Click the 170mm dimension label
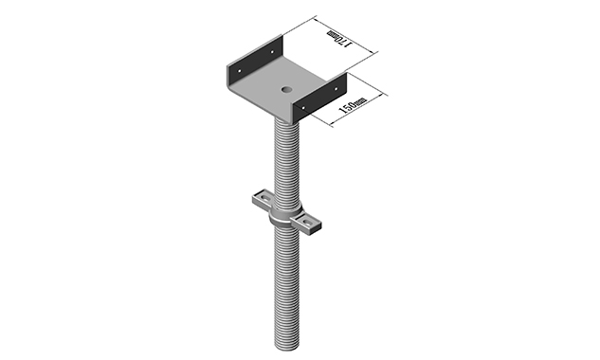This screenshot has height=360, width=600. point(338,40)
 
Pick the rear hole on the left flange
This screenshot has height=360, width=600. point(274,47)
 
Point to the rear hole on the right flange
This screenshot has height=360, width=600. point(337,85)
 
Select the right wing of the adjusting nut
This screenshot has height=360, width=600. point(310,225)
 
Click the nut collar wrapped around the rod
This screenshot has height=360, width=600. point(283,217)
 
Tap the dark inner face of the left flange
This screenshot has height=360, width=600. point(251,64)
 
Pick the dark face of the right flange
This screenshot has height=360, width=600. point(319,99)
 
